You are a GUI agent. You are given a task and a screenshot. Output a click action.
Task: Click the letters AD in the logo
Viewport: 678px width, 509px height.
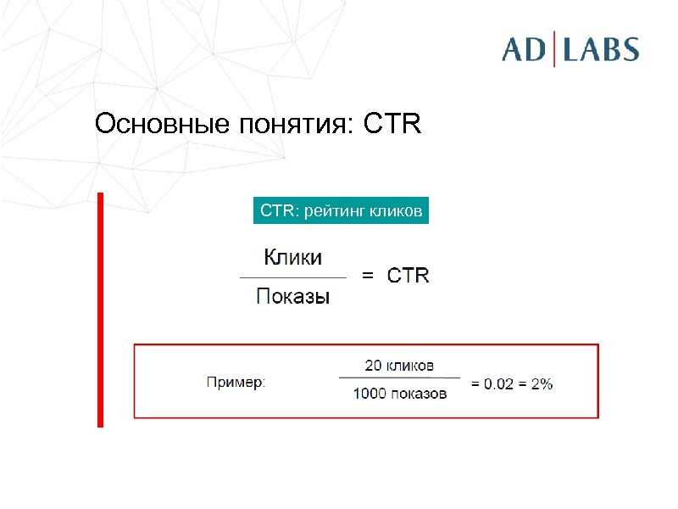[x=525, y=49]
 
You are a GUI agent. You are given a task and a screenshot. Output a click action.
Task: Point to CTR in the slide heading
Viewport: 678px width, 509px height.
[x=392, y=125]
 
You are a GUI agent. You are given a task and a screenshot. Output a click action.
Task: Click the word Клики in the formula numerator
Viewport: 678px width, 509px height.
[x=293, y=256]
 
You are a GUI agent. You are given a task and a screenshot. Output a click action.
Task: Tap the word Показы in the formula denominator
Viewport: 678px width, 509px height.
[x=293, y=296]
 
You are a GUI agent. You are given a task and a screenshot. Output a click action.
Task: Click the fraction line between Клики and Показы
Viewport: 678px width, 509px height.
[x=293, y=277]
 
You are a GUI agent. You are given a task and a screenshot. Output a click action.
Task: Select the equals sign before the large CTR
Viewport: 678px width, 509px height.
[x=368, y=276]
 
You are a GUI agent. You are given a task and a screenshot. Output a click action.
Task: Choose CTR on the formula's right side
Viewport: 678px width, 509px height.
[x=408, y=276]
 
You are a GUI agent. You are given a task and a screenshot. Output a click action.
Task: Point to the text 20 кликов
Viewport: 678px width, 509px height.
[x=399, y=366]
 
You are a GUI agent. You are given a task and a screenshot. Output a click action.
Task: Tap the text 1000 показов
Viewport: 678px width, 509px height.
[x=399, y=394]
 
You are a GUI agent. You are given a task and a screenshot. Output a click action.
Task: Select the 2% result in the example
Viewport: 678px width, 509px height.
[x=542, y=383]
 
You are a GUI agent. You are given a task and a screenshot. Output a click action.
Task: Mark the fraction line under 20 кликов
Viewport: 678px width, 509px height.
[x=399, y=378]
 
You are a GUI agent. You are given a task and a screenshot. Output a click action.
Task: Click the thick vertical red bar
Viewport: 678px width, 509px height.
[x=100, y=310]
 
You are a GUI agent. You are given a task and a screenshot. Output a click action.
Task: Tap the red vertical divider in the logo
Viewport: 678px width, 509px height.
[x=555, y=49]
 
